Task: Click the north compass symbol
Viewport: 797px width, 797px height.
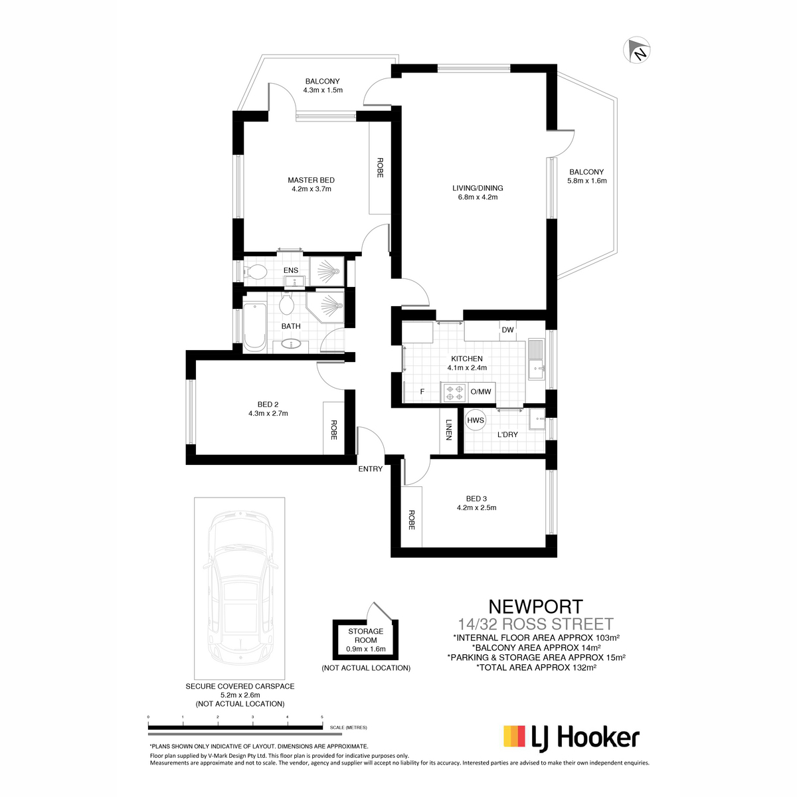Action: point(636,50)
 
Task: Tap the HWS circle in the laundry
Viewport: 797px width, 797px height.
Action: point(476,420)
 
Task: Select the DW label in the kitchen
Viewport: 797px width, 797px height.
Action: point(507,329)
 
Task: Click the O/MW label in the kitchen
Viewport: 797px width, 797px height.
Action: point(481,391)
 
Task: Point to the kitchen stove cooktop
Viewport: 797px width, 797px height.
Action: point(454,392)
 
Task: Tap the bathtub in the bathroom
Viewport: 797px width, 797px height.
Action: point(254,326)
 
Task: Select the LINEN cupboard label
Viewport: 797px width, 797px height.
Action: point(449,430)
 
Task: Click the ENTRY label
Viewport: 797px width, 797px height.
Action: point(370,469)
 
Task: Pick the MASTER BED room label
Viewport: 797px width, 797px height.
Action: point(311,180)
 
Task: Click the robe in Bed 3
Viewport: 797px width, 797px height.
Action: point(412,517)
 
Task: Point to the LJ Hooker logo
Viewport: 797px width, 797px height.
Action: point(571,737)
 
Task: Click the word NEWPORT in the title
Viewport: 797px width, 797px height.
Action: point(535,607)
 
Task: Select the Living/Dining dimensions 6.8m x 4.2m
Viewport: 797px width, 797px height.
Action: point(478,197)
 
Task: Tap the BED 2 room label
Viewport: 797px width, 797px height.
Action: point(268,404)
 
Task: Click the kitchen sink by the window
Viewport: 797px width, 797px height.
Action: point(537,359)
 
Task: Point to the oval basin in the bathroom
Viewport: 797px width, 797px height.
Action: point(292,343)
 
